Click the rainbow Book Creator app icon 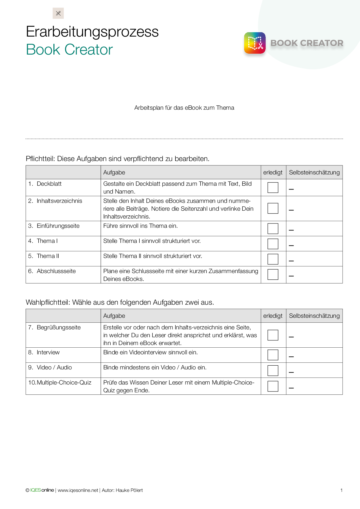pyautogui.click(x=255, y=43)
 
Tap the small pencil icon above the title pyautogui.click(x=58, y=13)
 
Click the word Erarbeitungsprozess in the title pyautogui.click(x=92, y=32)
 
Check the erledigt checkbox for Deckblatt pyautogui.click(x=273, y=187)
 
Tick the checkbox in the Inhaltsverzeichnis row pyautogui.click(x=273, y=208)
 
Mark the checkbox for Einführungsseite pyautogui.click(x=273, y=228)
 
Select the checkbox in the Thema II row pyautogui.click(x=273, y=259)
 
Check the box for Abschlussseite pyautogui.click(x=273, y=274)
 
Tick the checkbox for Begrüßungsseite pyautogui.click(x=273, y=335)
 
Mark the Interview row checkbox pyautogui.click(x=273, y=355)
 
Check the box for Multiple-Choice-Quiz pyautogui.click(x=273, y=386)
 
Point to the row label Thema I pyautogui.click(x=47, y=241)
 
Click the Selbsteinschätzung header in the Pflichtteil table pyautogui.click(x=314, y=172)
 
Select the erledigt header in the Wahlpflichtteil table pyautogui.click(x=273, y=316)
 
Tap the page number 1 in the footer pyautogui.click(x=341, y=490)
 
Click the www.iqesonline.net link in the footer pyautogui.click(x=78, y=490)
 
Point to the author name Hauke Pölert pyautogui.click(x=129, y=490)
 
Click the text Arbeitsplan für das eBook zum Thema pyautogui.click(x=184, y=108)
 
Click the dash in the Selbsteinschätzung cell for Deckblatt pyautogui.click(x=291, y=189)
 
